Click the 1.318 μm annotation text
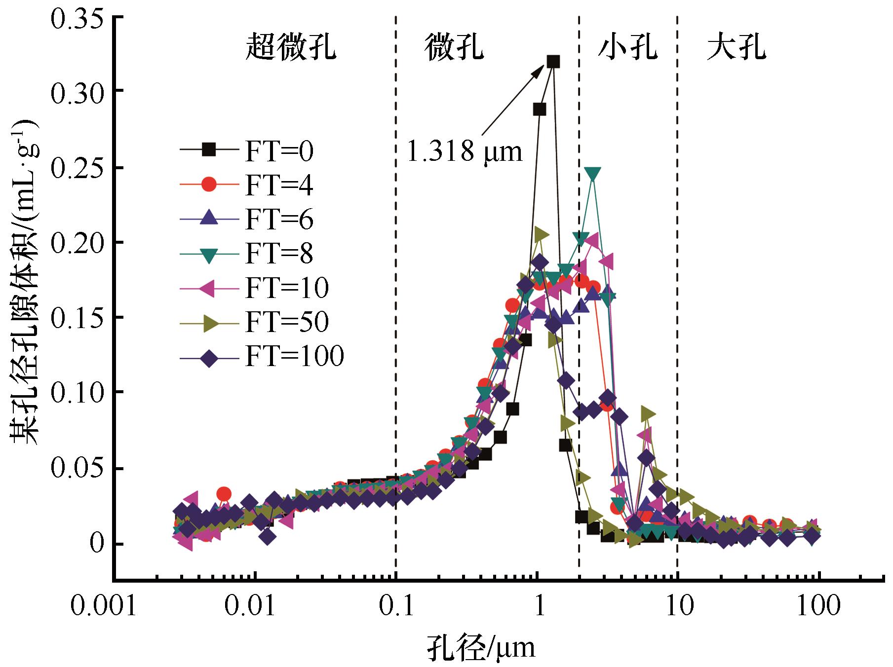[464, 151]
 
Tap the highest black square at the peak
[553, 62]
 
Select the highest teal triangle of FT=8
[593, 174]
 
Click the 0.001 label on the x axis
[103, 606]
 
